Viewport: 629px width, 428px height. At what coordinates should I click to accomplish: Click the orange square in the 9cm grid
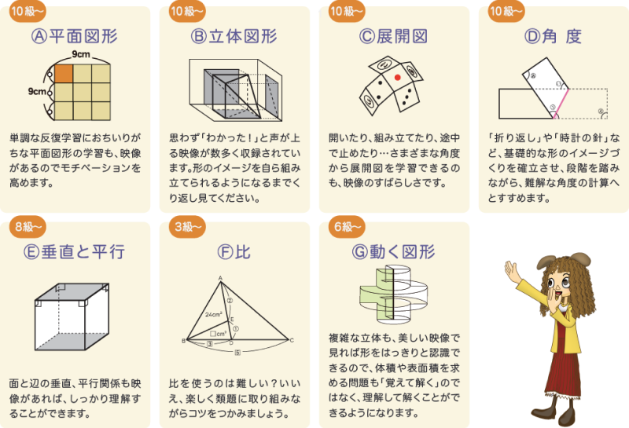tap(64, 73)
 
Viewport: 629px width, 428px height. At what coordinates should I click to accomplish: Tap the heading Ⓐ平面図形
tap(75, 36)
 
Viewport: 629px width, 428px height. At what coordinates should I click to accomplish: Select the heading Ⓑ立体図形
tap(234, 36)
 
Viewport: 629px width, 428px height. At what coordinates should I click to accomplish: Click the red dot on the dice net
tap(398, 77)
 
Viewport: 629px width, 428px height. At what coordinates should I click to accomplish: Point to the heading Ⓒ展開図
tap(394, 36)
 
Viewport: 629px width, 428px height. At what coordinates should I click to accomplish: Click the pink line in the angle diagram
tap(561, 103)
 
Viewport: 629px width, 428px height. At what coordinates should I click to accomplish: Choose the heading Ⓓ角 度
tap(554, 36)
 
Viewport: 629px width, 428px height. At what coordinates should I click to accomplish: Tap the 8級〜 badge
tap(28, 227)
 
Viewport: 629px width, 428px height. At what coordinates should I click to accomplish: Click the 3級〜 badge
tap(187, 227)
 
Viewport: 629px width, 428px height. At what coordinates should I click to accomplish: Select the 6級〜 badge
tap(347, 227)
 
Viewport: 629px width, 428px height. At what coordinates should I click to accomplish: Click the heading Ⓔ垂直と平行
tap(75, 252)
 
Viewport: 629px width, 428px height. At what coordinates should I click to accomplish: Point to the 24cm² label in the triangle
tap(214, 315)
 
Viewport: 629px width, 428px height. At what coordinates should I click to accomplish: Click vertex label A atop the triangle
tap(220, 278)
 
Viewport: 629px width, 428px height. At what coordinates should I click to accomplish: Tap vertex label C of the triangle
tap(292, 341)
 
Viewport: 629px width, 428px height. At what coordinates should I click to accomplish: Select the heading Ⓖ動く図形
tap(394, 252)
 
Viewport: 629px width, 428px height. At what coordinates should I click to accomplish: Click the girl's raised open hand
tap(513, 271)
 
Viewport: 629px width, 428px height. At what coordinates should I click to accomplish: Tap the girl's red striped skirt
tap(563, 373)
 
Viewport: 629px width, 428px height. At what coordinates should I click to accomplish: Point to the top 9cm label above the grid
tap(81, 54)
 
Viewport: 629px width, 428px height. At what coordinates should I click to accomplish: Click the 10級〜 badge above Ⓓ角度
tap(506, 11)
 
